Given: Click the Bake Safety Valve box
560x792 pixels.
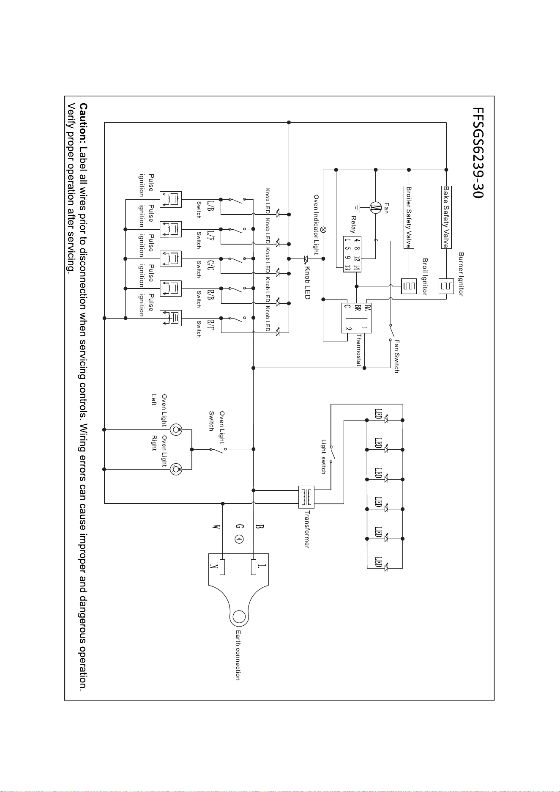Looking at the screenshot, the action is tap(445, 217).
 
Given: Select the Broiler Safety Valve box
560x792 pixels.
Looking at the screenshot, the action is tap(409, 217).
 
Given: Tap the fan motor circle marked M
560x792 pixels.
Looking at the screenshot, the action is tap(375, 208).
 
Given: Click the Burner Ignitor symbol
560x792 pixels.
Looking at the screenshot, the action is tap(445, 286).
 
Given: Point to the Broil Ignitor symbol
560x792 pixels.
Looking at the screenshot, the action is tap(409, 286).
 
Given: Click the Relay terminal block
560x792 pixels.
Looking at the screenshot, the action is tap(352, 255).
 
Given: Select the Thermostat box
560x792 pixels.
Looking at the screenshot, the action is tap(356, 318).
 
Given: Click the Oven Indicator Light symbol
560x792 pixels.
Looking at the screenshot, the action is tap(323, 230).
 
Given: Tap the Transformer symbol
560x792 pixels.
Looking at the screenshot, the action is tap(306, 497).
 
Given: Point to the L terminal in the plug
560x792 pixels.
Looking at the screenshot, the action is tap(254, 566).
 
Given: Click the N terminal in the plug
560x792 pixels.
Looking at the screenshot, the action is tap(222, 566).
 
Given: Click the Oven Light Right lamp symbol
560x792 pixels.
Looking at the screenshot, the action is tap(176, 469).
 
